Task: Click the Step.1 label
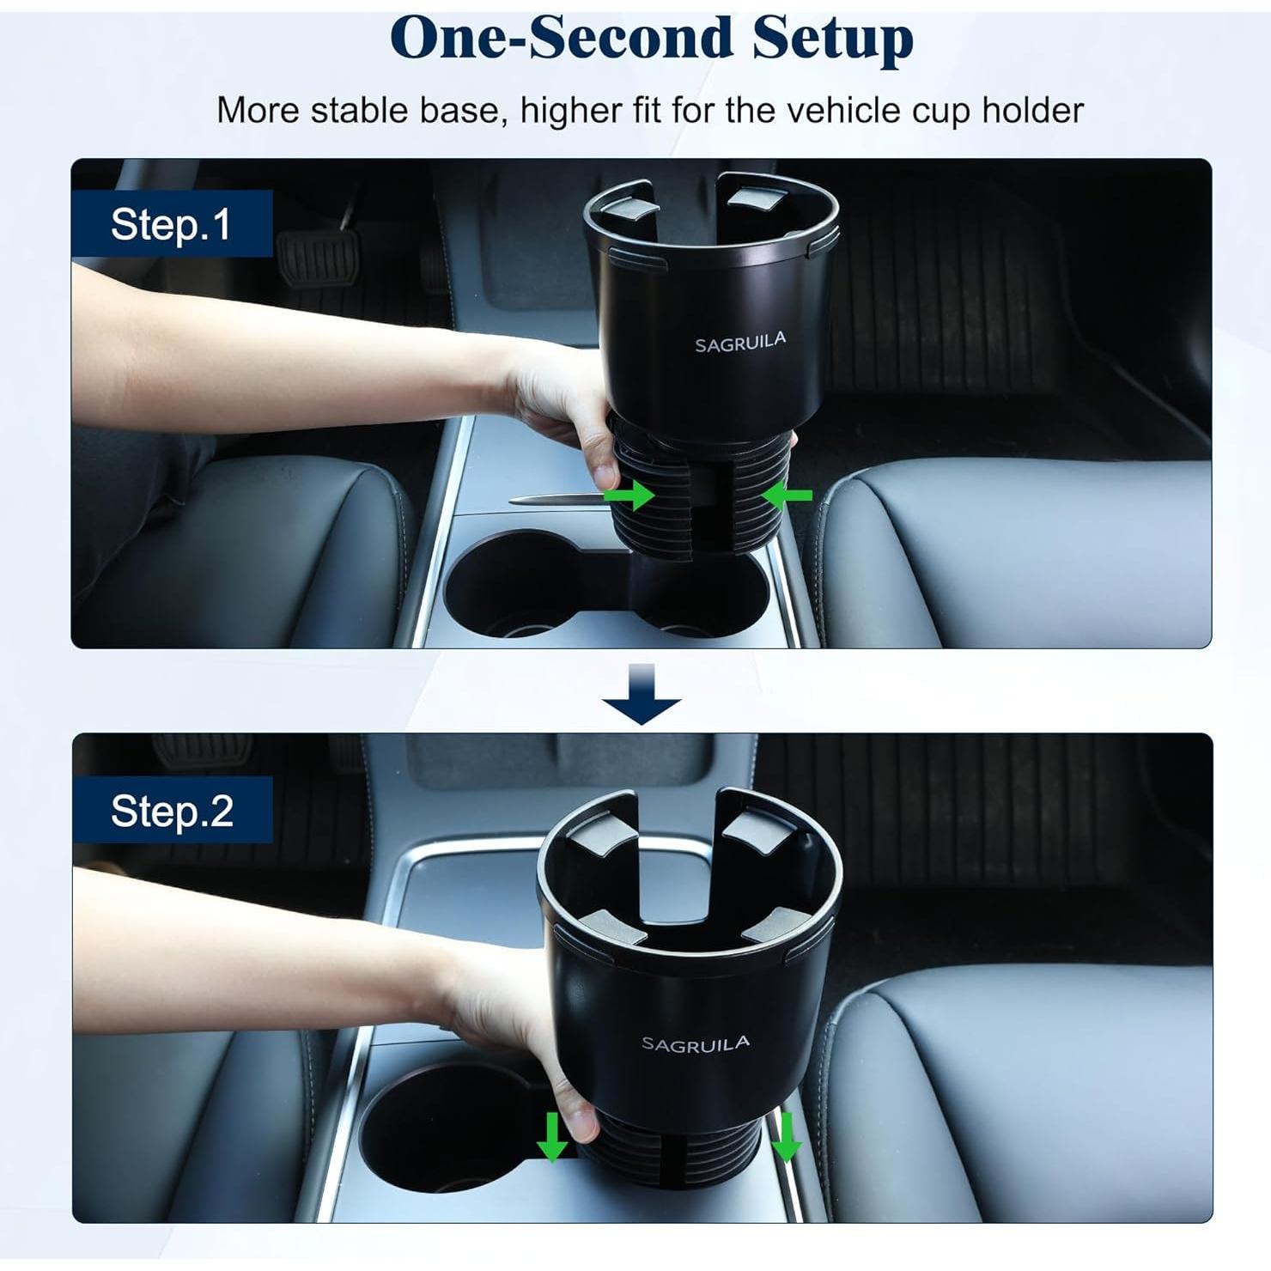(172, 224)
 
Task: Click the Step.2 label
(172, 811)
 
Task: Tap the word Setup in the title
(832, 40)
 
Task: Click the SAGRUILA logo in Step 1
(740, 343)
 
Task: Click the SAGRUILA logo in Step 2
(696, 1044)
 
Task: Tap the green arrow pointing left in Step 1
(787, 495)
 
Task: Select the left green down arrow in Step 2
(551, 1137)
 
